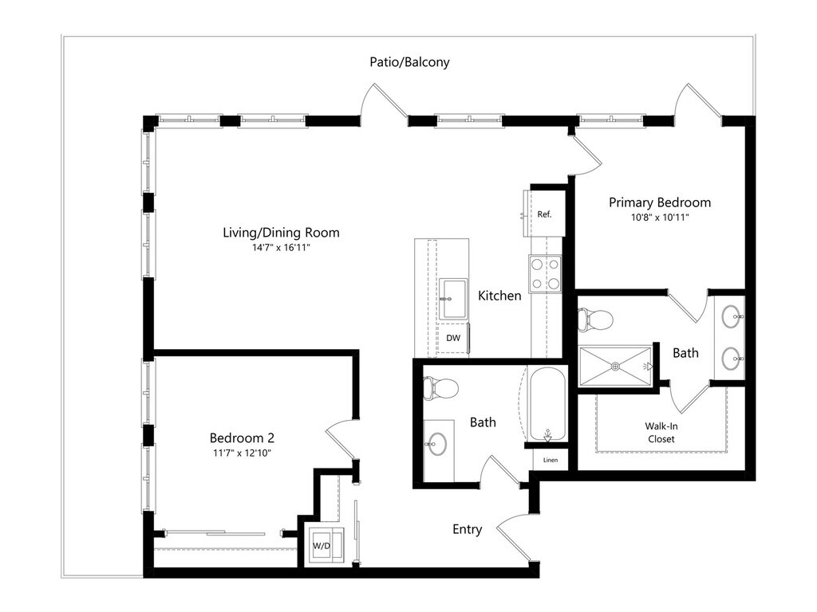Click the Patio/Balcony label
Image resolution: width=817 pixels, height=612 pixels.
click(409, 61)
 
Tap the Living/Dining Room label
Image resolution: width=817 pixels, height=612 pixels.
click(281, 233)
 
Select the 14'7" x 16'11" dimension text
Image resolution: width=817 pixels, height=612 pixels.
click(281, 247)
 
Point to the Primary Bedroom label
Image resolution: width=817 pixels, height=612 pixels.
click(660, 202)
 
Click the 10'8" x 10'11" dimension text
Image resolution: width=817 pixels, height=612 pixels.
click(660, 217)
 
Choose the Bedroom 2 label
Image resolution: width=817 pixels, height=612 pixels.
click(242, 437)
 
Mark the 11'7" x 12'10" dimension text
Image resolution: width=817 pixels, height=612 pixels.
click(242, 453)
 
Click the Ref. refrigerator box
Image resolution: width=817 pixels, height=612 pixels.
click(545, 214)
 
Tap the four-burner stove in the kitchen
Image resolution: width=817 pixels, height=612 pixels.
click(547, 273)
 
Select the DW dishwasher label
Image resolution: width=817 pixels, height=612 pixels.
click(452, 338)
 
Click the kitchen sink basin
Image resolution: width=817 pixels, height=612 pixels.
click(453, 299)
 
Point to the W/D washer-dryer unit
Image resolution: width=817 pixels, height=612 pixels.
click(323, 546)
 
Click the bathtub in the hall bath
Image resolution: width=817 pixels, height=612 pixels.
click(547, 404)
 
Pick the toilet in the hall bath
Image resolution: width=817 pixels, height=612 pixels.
click(441, 389)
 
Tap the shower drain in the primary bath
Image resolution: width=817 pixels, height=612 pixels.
click(616, 366)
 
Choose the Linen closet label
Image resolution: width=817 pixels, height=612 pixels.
click(551, 461)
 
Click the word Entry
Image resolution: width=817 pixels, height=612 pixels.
click(467, 529)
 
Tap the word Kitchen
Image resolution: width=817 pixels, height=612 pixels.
click(499, 296)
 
